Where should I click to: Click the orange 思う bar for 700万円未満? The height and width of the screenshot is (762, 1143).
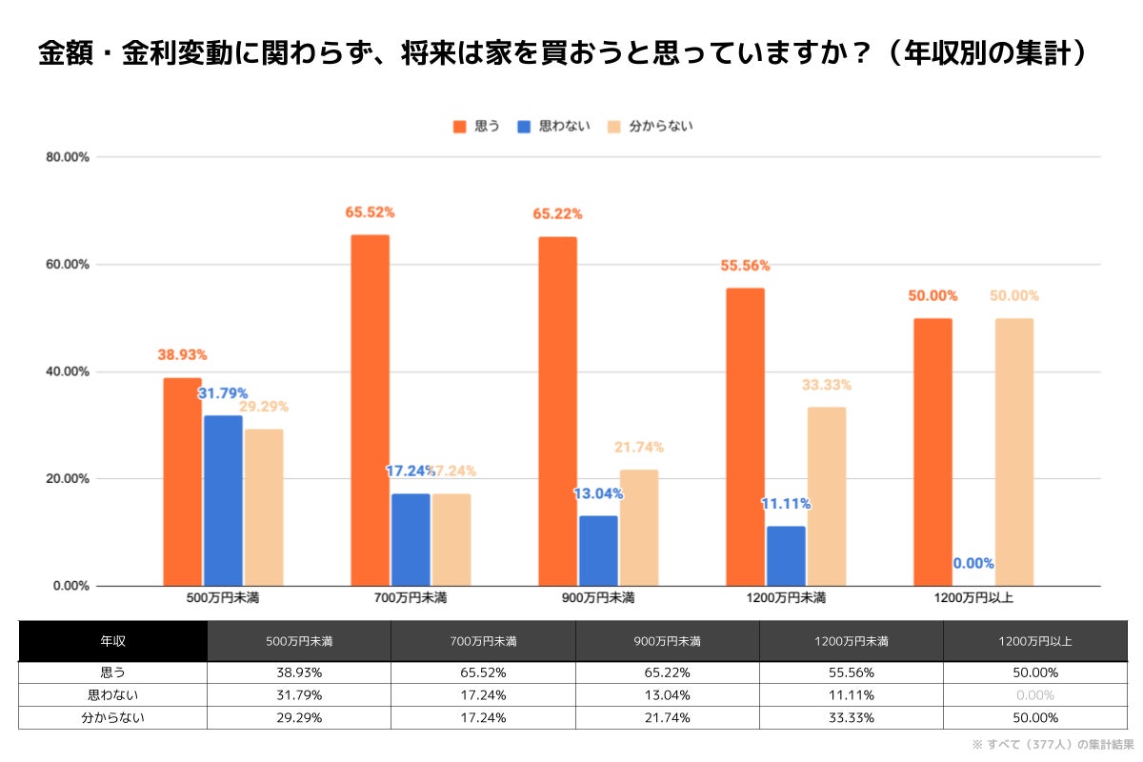pyautogui.click(x=370, y=410)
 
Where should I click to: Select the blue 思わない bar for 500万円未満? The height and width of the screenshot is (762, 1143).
pyautogui.click(x=222, y=500)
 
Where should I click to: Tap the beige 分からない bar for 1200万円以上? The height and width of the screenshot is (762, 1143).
pyautogui.click(x=1013, y=451)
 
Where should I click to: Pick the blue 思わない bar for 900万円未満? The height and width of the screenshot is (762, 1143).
pyautogui.click(x=598, y=551)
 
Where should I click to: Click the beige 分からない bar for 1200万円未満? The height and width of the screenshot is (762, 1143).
pyautogui.click(x=826, y=496)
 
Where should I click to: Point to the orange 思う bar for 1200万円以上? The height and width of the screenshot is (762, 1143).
pyautogui.click(x=932, y=451)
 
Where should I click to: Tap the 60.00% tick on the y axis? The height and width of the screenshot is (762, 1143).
pyautogui.click(x=68, y=264)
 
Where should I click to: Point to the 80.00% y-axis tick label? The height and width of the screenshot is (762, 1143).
pyautogui.click(x=68, y=157)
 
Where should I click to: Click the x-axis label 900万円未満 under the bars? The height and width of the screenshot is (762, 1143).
pyautogui.click(x=598, y=598)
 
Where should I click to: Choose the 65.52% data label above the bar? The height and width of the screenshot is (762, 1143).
pyautogui.click(x=370, y=212)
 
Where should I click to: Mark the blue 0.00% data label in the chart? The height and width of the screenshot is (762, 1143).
pyautogui.click(x=973, y=563)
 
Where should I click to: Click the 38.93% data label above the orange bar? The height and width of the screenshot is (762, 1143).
pyautogui.click(x=182, y=354)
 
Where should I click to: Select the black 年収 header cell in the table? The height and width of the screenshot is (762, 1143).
pyautogui.click(x=112, y=641)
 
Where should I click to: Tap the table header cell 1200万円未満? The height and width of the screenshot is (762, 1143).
pyautogui.click(x=851, y=641)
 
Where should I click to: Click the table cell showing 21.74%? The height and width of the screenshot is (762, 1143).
pyautogui.click(x=667, y=718)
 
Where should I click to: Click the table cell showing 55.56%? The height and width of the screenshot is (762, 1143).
pyautogui.click(x=851, y=672)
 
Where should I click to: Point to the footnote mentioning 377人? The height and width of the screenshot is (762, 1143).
pyautogui.click(x=1052, y=744)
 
